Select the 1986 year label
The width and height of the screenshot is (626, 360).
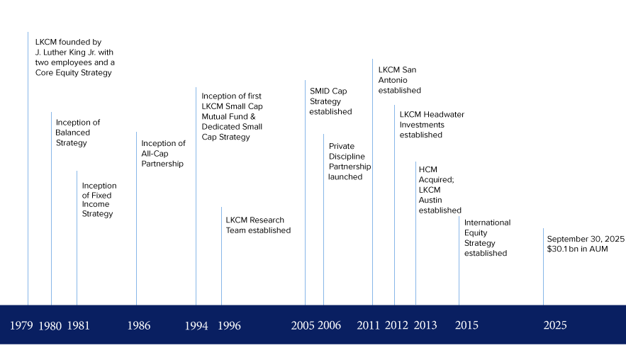coord(138,326)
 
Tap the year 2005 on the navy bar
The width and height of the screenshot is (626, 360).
coord(302,326)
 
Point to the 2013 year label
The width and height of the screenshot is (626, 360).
coord(425,326)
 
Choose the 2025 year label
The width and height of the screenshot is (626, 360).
coord(554,326)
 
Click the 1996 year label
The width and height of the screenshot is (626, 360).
coord(229,326)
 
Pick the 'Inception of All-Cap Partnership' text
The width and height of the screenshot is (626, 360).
coord(163,154)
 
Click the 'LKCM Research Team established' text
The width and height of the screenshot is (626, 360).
coord(258,225)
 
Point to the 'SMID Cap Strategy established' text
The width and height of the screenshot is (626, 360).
coord(330,101)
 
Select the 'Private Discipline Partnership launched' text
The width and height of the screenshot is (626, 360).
coord(349,162)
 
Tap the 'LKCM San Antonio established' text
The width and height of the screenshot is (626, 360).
coord(399,80)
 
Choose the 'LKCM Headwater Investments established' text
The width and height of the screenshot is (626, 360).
coord(432,125)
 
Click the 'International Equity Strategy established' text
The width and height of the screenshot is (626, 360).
coord(487,237)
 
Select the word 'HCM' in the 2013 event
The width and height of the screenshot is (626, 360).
coord(428,169)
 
